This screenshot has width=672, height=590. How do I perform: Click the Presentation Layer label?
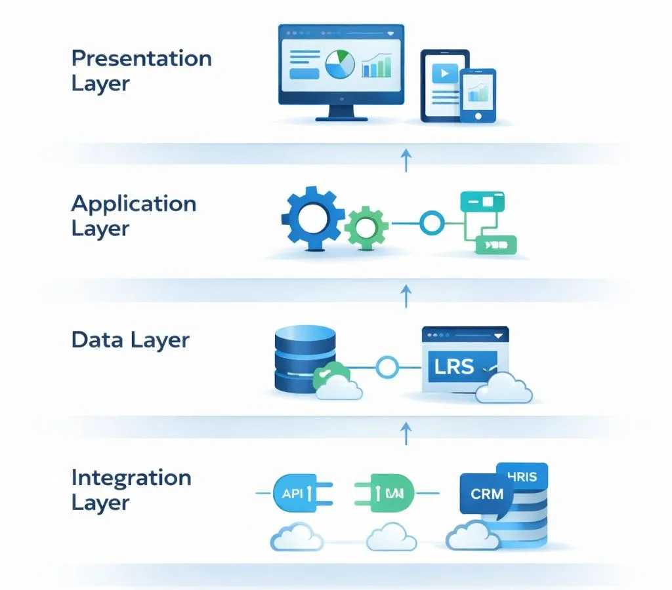(x=141, y=71)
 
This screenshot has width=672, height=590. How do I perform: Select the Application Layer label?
(x=133, y=216)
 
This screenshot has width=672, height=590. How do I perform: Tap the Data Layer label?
(x=130, y=340)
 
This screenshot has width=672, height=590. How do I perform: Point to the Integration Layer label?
(x=131, y=490)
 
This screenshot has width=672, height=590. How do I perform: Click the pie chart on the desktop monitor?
(x=340, y=64)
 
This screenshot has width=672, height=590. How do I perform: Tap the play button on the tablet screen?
(x=444, y=73)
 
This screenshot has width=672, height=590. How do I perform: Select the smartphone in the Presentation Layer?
(x=477, y=96)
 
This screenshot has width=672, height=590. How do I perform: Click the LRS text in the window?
(x=454, y=365)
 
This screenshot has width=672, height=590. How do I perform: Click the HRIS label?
(x=523, y=477)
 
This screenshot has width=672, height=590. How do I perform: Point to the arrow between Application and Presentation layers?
(x=406, y=160)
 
